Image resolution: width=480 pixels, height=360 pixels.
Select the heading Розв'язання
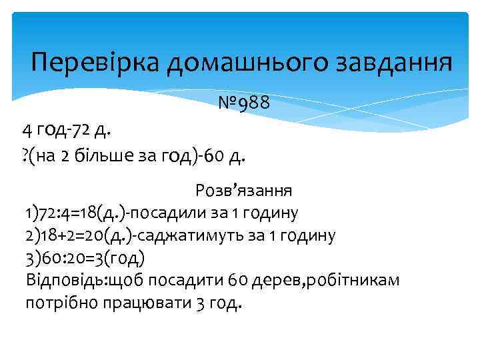click(x=243, y=191)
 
